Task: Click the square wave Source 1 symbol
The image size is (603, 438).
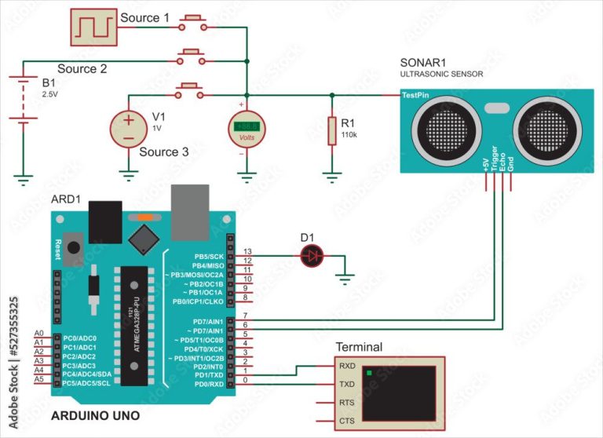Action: coord(94,27)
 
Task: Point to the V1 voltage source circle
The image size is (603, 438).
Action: coord(127,128)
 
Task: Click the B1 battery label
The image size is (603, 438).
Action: coord(49,82)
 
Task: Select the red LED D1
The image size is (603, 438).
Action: coord(312,254)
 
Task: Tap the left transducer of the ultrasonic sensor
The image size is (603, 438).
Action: coord(442,126)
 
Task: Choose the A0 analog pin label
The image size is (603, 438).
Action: coord(39,334)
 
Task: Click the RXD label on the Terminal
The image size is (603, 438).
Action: coord(346,366)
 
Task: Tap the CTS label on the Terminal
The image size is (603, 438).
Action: coord(346,421)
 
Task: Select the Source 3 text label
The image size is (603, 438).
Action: coord(163,151)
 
